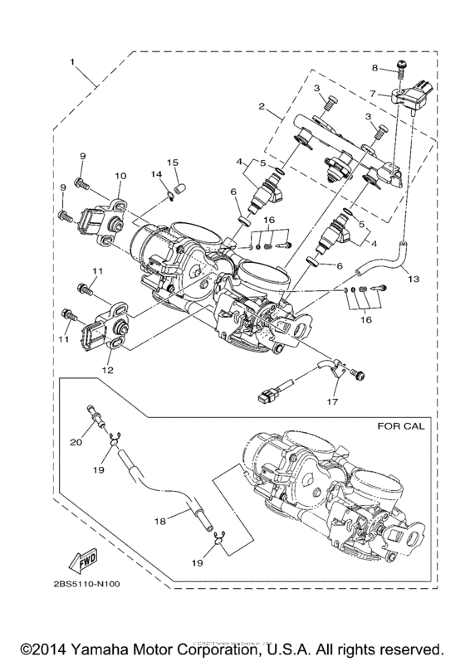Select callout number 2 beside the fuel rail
point(261,108)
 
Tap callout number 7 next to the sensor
point(374,95)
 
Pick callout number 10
point(120,176)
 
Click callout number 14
point(155,173)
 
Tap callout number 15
point(174,161)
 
